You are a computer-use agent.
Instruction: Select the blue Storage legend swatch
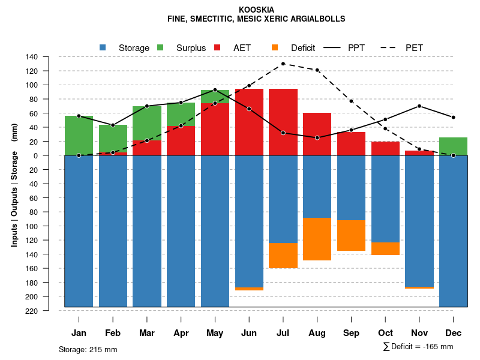(x=103, y=47)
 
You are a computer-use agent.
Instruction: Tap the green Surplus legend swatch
(x=160, y=47)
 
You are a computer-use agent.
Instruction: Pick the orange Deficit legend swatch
(x=275, y=47)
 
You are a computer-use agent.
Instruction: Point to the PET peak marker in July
(x=283, y=64)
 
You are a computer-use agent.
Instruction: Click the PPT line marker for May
(x=215, y=90)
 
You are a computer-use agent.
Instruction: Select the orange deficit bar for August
(x=317, y=239)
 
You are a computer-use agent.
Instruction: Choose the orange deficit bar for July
(x=283, y=256)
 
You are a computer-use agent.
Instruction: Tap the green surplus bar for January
(x=79, y=136)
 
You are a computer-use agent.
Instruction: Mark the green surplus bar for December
(x=453, y=146)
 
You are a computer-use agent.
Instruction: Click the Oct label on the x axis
(x=385, y=333)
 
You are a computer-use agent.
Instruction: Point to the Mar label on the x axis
(x=147, y=333)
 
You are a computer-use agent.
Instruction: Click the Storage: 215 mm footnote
(x=88, y=349)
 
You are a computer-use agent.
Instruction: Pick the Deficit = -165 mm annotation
(x=418, y=347)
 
